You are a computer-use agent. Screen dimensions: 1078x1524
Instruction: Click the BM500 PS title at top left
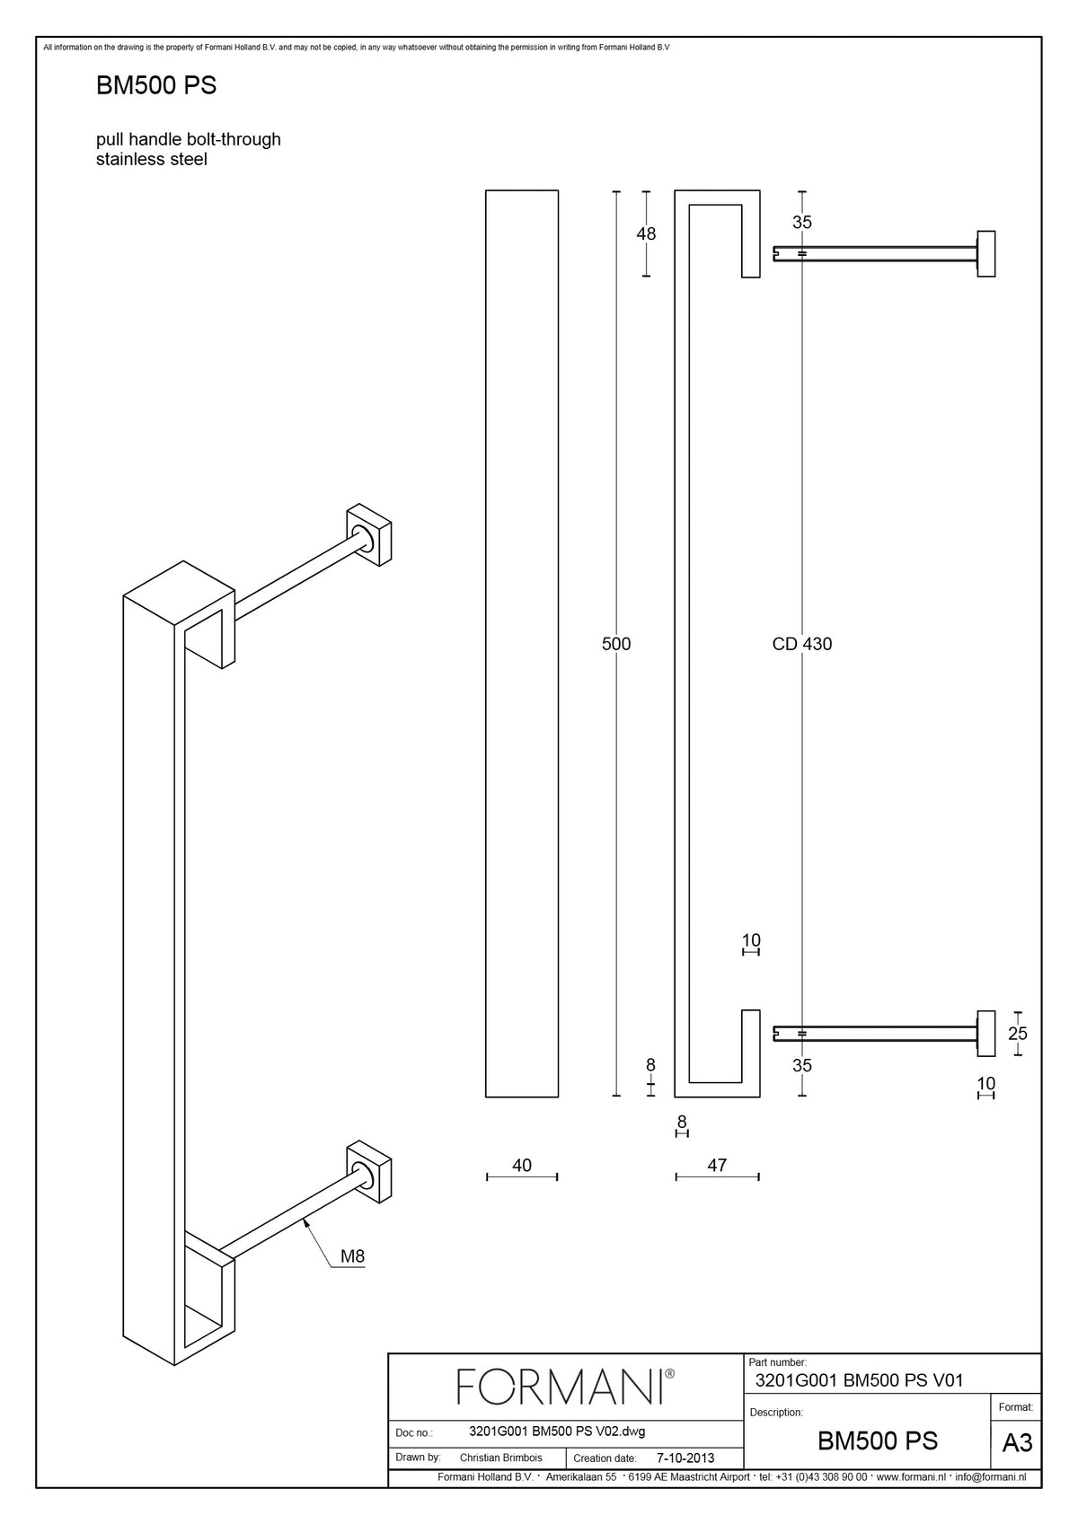tap(155, 85)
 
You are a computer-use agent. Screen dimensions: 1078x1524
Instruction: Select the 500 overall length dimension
tap(616, 644)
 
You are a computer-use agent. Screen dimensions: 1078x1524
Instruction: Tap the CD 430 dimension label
tap(801, 644)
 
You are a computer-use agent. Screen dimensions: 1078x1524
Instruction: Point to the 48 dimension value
tap(646, 233)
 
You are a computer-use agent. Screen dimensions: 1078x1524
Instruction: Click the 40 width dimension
tap(521, 1166)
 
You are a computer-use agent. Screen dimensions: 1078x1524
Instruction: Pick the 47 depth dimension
tap(717, 1166)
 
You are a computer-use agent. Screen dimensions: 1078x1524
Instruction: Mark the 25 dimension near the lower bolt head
tap(1018, 1034)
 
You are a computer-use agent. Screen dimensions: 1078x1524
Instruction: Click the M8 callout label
tap(352, 1256)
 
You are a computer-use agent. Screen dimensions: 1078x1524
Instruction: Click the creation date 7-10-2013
tap(685, 1458)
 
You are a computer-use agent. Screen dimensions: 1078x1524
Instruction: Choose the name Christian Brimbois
tap(501, 1458)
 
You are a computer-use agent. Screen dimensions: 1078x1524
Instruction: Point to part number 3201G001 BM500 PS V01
tap(859, 1380)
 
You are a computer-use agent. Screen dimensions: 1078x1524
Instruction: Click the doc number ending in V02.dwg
tap(557, 1431)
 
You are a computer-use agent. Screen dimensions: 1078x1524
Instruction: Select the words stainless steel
tap(151, 159)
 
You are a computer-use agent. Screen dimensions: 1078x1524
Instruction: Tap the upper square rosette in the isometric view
tap(369, 534)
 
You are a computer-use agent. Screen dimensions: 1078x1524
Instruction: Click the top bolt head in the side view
tap(986, 254)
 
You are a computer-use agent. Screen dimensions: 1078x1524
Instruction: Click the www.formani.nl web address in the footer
tap(911, 1477)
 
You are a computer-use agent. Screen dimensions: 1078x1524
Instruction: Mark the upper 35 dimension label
tap(801, 222)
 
